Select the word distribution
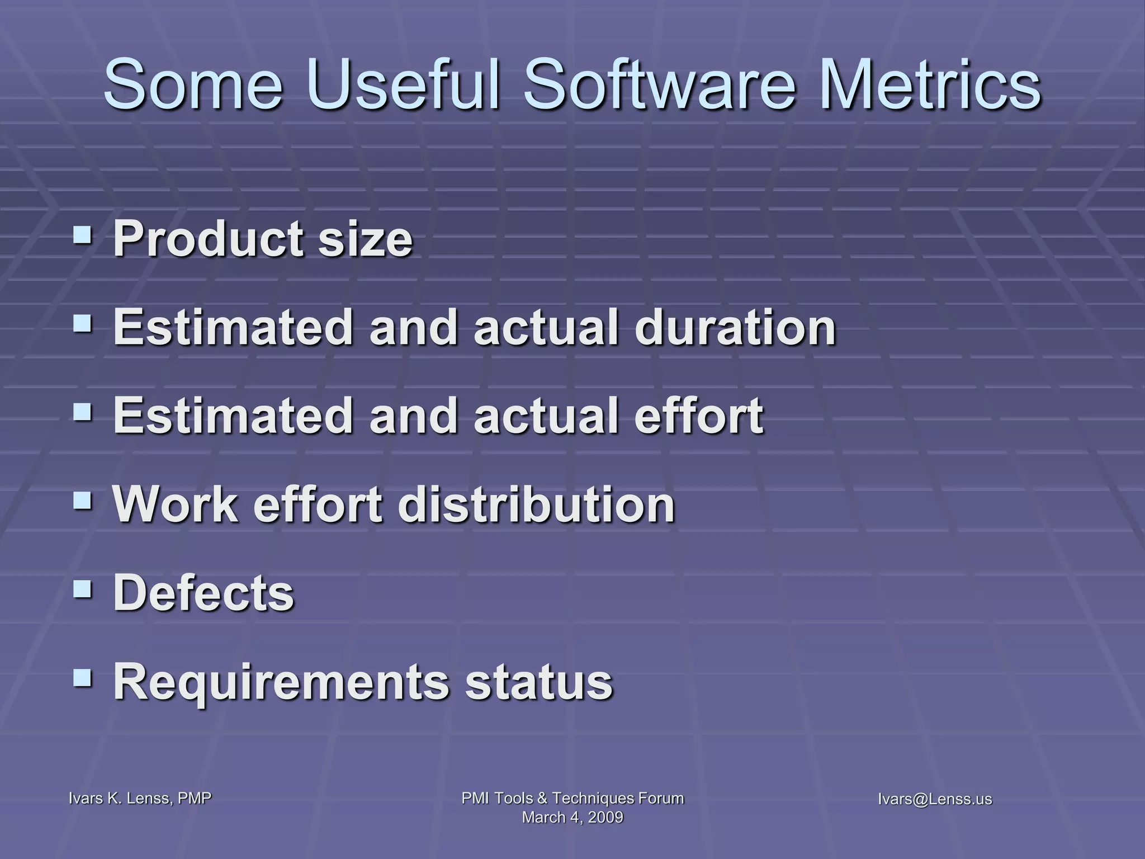pos(536,504)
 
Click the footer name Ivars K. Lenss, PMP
pos(140,799)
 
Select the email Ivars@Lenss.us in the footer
pos(935,799)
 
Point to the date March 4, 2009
pos(572,818)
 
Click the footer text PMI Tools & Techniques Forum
pos(572,798)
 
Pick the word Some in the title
pos(193,85)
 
